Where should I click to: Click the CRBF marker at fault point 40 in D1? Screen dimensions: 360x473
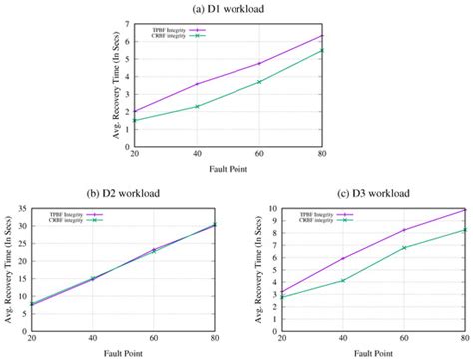198,106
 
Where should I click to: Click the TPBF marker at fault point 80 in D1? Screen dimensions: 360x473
321,36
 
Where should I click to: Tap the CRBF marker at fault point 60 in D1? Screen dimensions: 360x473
259,82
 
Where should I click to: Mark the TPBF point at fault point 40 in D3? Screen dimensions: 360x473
342,259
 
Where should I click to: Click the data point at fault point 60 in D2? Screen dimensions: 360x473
153,250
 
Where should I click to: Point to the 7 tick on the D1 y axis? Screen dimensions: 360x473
125,22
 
